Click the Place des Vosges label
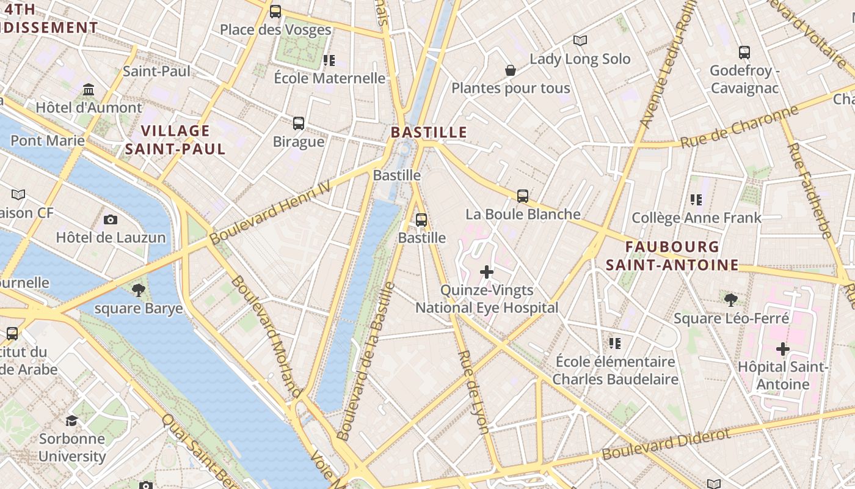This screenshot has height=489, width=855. (275, 29)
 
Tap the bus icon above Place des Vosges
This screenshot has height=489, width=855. (275, 11)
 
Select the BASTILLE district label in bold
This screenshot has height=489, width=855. (429, 132)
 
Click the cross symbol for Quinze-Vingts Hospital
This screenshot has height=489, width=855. (487, 271)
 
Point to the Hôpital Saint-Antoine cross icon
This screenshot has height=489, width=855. (782, 349)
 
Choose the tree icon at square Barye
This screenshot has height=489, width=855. (139, 290)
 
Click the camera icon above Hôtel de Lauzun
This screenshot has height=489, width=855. (111, 219)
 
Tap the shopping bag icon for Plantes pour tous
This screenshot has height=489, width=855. (511, 70)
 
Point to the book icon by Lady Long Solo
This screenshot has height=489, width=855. (580, 40)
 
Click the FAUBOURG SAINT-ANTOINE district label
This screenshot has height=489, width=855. (672, 256)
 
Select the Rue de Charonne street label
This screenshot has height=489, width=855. (739, 127)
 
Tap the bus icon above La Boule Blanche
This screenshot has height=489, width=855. (523, 196)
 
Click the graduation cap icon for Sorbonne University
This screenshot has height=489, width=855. (71, 421)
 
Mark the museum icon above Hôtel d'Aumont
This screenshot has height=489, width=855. (89, 90)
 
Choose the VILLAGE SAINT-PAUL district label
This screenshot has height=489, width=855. (175, 139)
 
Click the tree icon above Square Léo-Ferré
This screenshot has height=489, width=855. (730, 300)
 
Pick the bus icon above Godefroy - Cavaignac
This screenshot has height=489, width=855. (744, 53)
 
